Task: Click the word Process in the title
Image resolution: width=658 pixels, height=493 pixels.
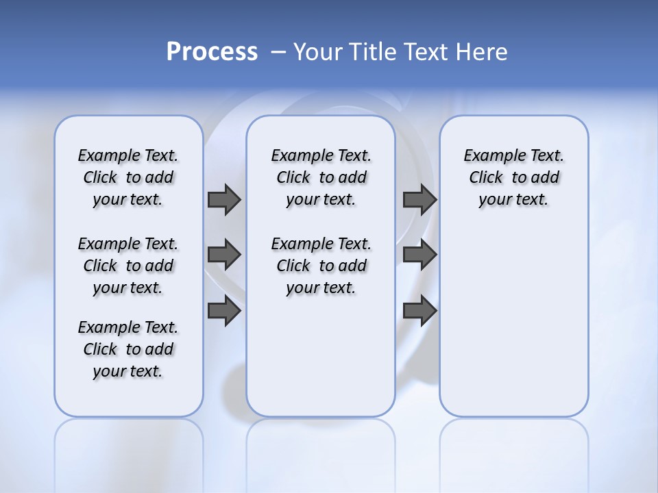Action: pos(212,51)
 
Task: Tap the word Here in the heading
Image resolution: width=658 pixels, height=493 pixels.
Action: pos(481,51)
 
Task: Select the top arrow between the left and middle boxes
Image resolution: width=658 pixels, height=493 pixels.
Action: pos(224,199)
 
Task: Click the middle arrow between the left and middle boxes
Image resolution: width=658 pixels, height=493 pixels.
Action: pos(224,255)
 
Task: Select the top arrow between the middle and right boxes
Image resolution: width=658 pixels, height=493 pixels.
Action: pos(419,199)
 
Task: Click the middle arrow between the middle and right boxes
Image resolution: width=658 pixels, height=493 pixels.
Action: pos(419,255)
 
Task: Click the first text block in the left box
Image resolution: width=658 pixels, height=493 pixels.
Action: pos(128,177)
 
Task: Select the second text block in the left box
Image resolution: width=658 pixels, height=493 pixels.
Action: pos(128,266)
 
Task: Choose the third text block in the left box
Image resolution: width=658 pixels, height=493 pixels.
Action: pos(128,349)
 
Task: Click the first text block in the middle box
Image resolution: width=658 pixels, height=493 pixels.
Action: pos(321,177)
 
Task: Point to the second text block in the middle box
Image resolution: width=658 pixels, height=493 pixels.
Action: pos(321,266)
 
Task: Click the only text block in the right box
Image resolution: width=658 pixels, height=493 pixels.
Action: pos(513,177)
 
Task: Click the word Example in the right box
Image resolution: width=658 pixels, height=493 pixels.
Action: pos(490,155)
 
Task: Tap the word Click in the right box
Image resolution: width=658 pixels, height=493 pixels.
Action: pos(486,177)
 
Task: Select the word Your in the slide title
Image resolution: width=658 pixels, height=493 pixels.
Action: pos(317,51)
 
